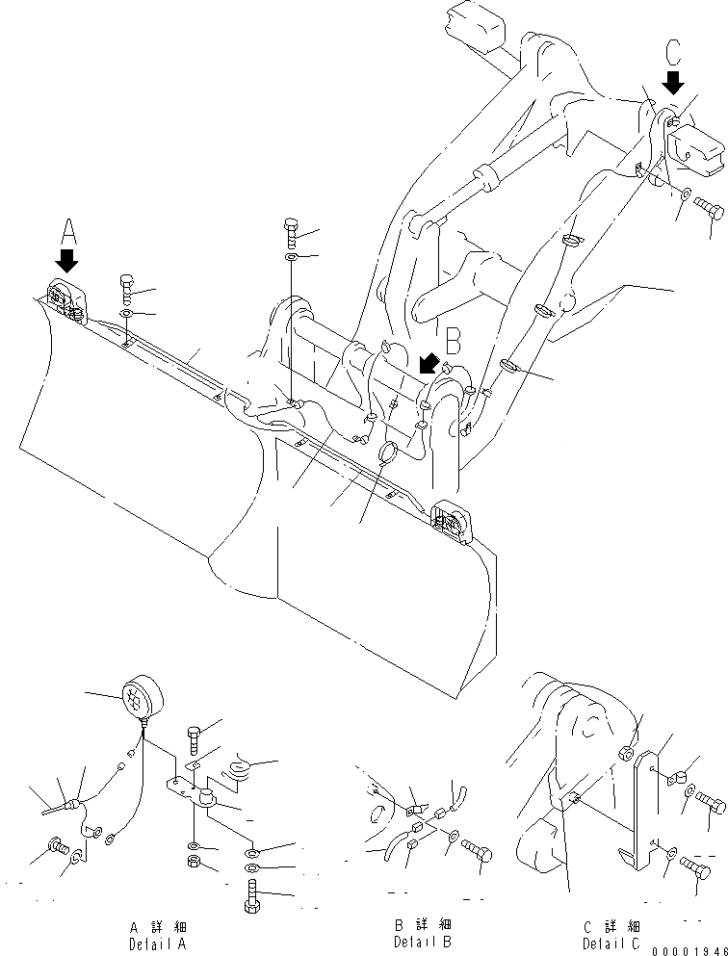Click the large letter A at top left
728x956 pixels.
67,231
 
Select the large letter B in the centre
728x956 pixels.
454,340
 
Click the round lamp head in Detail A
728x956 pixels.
140,695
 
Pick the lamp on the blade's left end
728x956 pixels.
65,299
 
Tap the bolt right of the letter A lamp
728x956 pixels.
126,286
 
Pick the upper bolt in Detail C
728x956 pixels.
711,801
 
